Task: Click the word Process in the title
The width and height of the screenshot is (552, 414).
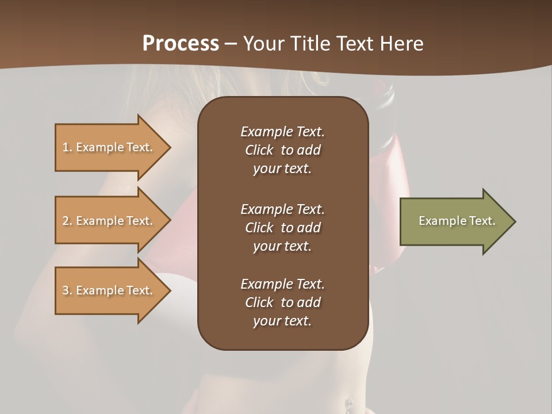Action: click(181, 43)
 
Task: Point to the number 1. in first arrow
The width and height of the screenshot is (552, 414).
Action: click(67, 147)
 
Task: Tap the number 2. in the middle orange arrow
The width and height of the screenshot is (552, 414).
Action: click(67, 221)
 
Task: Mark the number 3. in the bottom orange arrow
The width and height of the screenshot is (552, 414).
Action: click(67, 290)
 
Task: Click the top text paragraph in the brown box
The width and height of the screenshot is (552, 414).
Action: click(282, 150)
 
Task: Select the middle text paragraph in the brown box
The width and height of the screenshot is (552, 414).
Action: click(282, 228)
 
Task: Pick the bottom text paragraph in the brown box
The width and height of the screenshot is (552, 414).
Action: click(282, 302)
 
